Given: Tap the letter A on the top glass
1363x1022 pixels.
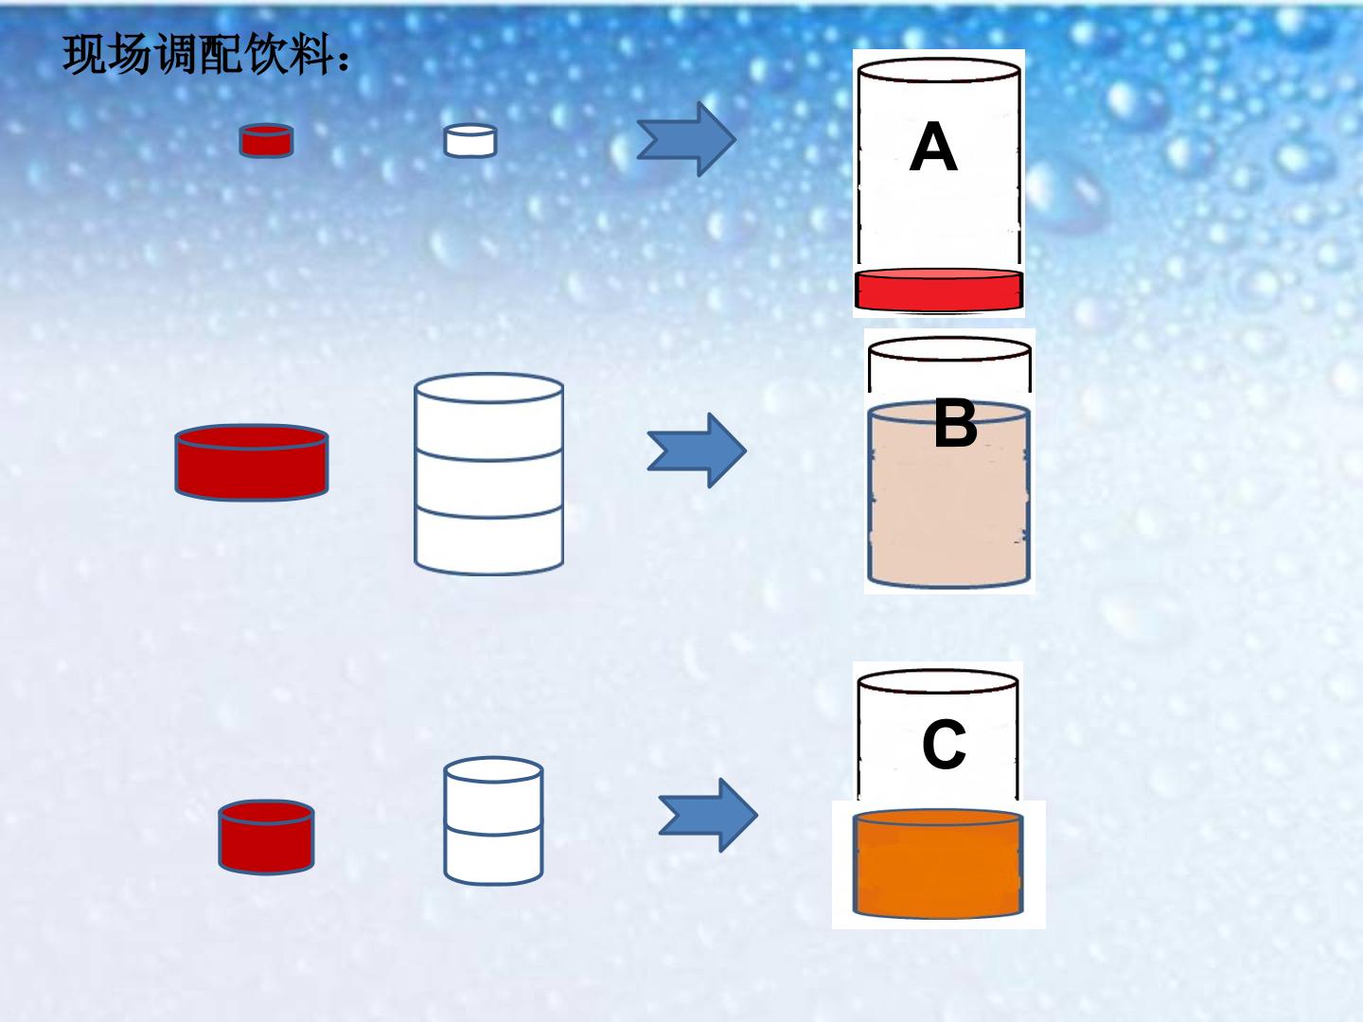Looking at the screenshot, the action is point(933,147).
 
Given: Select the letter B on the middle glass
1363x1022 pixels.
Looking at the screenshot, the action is point(956,423).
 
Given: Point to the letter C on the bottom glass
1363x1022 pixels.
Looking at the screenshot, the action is point(944,744).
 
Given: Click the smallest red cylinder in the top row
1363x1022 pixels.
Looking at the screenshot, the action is point(266,141).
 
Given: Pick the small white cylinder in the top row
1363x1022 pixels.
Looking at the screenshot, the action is point(470,142).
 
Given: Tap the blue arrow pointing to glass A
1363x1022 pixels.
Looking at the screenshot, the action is point(687,139).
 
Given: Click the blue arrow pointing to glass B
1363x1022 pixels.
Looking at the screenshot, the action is point(697,450).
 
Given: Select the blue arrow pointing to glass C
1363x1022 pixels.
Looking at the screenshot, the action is point(708,815).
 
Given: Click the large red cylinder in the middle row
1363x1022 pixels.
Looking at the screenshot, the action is point(252,463).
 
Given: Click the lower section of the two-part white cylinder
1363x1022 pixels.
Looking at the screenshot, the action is point(493,856).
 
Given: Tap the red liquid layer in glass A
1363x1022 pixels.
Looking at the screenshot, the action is point(938,290).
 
